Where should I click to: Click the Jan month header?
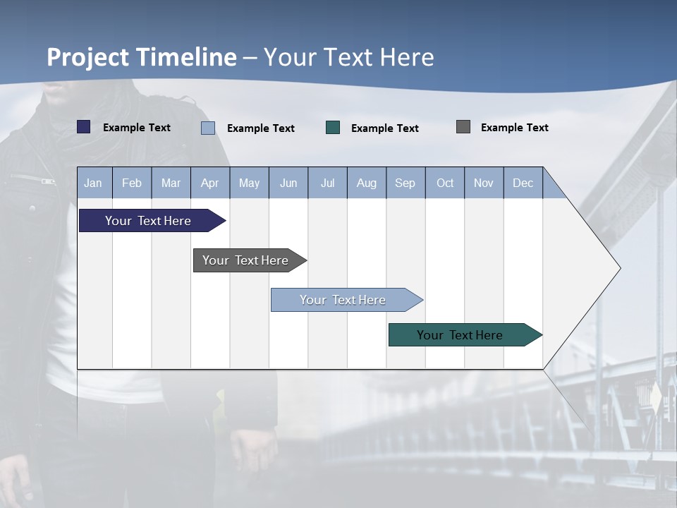click(x=93, y=183)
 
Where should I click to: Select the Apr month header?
click(x=209, y=183)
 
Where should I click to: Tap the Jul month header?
click(x=327, y=183)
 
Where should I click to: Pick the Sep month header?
click(x=405, y=183)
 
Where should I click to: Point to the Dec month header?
click(x=523, y=183)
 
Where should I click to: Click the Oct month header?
click(x=444, y=183)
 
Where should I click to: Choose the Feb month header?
click(x=132, y=183)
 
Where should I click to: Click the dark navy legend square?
click(x=84, y=127)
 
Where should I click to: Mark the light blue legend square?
click(x=208, y=128)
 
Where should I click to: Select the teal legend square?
click(x=333, y=128)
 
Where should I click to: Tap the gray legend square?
click(x=463, y=127)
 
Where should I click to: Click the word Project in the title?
click(x=89, y=57)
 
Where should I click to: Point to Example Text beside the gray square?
click(x=514, y=128)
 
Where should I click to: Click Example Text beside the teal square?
click(x=384, y=128)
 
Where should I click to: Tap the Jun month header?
click(x=288, y=183)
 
